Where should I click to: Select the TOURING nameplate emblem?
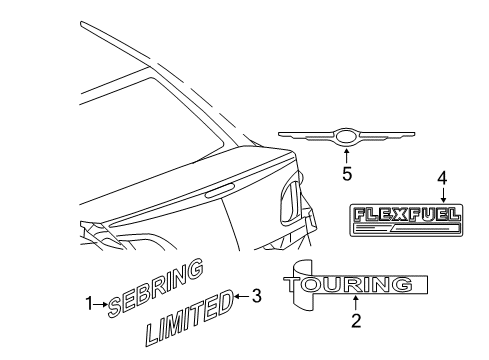click(349, 284)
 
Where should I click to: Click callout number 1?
click(87, 303)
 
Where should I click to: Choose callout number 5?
click(347, 172)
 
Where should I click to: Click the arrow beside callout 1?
click(100, 303)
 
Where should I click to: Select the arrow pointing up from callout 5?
click(346, 156)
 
